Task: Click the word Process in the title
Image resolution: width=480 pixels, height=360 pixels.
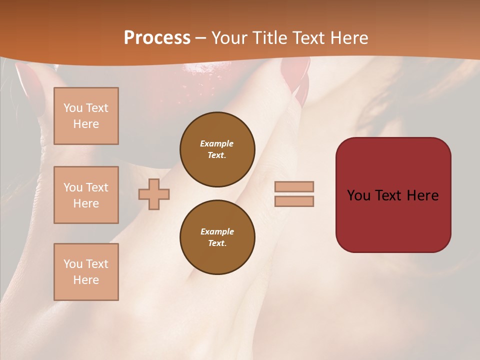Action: point(157,38)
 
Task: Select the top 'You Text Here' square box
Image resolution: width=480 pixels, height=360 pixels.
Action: point(86,116)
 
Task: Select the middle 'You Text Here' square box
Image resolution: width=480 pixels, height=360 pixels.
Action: point(86,195)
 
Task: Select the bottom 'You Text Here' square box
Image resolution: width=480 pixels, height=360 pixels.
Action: point(86,272)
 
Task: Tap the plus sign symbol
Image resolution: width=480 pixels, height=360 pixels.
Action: point(154,194)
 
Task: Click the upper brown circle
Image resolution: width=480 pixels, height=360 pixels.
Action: point(217,149)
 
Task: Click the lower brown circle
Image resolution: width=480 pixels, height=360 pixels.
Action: point(217,237)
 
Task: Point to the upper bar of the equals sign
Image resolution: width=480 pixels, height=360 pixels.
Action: point(294,186)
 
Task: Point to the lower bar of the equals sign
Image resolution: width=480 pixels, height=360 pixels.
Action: point(294,201)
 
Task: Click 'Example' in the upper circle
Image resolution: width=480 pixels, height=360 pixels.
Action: point(217,143)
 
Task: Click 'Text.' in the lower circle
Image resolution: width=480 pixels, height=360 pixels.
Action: point(217,243)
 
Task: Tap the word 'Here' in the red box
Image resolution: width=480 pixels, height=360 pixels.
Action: point(422,195)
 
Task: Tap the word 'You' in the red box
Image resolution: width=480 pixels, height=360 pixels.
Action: point(359,195)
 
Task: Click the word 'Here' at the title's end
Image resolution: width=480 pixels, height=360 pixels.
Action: point(349,38)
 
